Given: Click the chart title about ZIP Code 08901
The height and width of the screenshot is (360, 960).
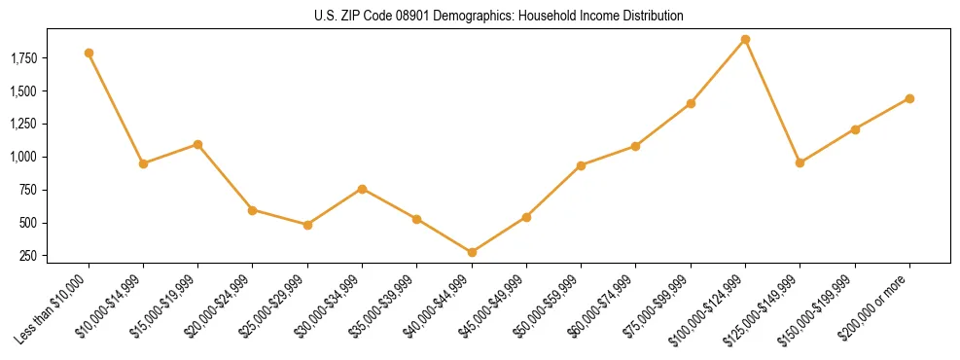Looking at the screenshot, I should click(x=499, y=17).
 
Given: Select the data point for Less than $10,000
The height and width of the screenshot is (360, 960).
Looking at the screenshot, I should click(x=89, y=53).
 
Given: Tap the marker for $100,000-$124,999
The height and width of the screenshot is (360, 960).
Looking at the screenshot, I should click(x=745, y=40).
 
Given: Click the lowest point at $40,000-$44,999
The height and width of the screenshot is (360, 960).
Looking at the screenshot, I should click(x=472, y=252).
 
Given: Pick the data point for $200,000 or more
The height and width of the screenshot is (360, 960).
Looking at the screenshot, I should click(x=909, y=98).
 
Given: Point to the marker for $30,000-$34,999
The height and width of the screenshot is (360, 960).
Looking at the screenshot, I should click(x=362, y=189).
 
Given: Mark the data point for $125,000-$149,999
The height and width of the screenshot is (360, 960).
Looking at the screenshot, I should click(x=800, y=162).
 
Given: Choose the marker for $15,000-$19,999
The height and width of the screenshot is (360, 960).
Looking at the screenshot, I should click(x=197, y=144).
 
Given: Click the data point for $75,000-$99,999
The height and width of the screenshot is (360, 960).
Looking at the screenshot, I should click(x=691, y=103).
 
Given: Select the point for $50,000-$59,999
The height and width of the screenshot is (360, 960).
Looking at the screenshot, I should click(x=581, y=165).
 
